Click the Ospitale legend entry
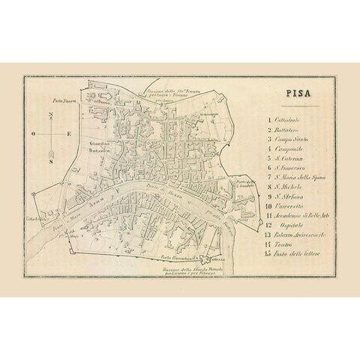click(283, 235)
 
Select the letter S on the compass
click(49, 160)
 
